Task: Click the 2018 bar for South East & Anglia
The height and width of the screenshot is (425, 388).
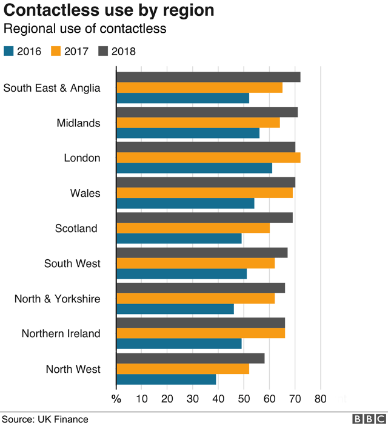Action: click(x=208, y=77)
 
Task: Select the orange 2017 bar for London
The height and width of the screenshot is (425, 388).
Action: click(x=208, y=158)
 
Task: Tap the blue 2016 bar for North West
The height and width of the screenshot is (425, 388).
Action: click(x=166, y=379)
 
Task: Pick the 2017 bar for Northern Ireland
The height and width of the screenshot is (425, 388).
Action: click(x=200, y=333)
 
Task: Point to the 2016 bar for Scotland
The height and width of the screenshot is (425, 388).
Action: click(x=179, y=239)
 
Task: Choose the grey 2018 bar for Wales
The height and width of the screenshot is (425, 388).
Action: click(x=206, y=182)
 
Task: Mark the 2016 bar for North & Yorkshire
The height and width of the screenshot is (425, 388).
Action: click(x=175, y=309)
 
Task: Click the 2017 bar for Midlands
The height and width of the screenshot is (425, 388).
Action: click(x=198, y=123)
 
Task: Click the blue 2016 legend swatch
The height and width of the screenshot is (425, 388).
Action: click(x=9, y=51)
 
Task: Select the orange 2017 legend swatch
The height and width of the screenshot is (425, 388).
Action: click(x=56, y=51)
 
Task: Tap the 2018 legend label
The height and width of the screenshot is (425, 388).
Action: click(x=124, y=52)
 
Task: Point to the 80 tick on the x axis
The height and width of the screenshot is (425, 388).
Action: click(x=319, y=399)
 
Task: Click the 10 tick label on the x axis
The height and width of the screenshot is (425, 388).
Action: click(x=141, y=399)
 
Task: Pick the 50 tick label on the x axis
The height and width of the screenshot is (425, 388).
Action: click(x=243, y=399)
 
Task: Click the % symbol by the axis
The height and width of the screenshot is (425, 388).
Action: click(x=116, y=399)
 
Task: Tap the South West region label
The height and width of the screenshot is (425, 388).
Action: click(x=72, y=263)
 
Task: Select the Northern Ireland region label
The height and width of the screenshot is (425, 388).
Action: click(x=61, y=333)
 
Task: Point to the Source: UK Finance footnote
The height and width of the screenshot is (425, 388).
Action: click(x=45, y=419)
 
